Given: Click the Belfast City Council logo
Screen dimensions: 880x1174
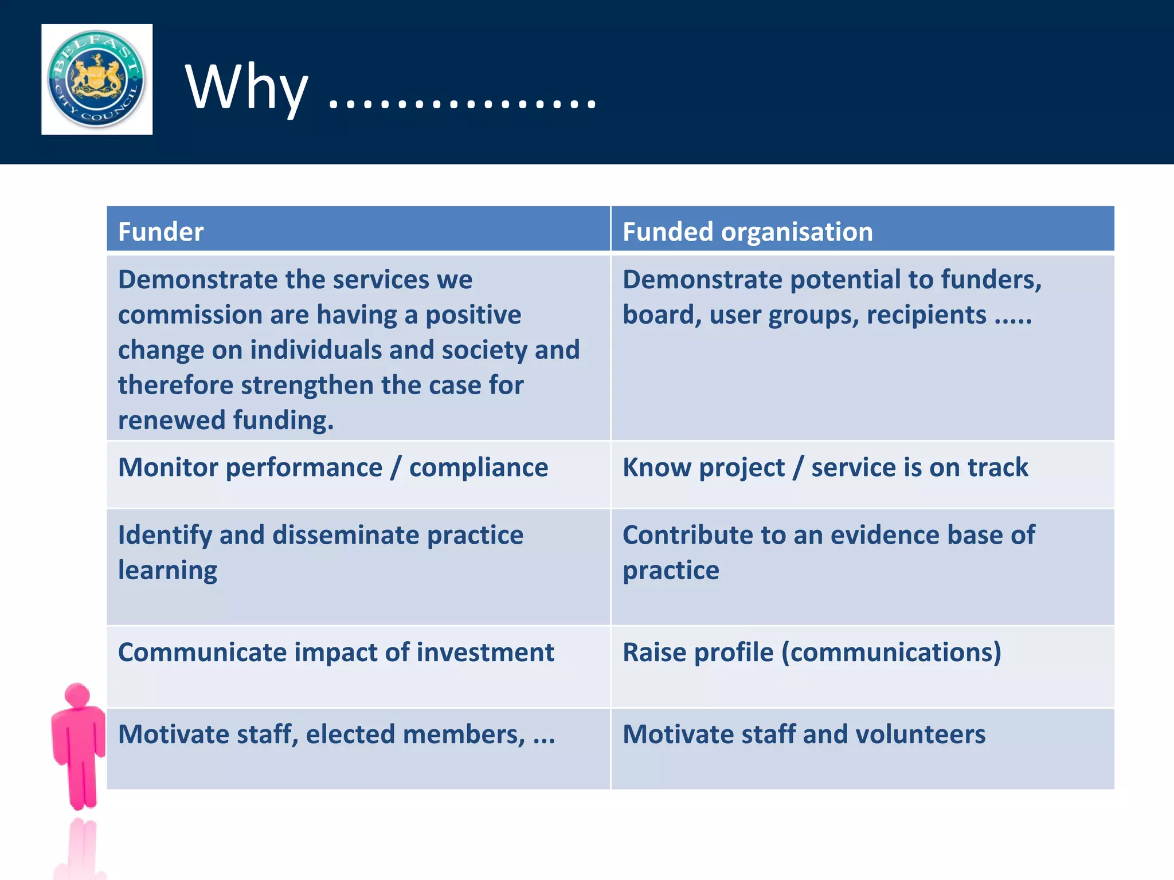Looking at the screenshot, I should coord(96,79).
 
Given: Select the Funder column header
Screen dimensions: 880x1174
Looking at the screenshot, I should coord(161,231).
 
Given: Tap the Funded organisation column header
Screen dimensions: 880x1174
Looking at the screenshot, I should coord(748,231).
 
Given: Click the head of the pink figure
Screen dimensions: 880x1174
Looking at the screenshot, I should coord(77,695).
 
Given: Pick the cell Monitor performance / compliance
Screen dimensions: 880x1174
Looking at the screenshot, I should coord(333,467).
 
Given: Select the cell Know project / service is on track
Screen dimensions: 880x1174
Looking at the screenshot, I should coord(825,467).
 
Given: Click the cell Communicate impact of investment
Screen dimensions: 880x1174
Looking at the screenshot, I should coord(336,653).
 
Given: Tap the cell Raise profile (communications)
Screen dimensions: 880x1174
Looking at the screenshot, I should coord(812,653).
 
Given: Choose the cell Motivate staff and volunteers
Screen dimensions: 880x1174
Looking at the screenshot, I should coord(804,734).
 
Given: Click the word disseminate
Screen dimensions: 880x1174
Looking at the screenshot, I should coord(346,535).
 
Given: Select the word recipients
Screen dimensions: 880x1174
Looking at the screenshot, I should coord(926,315).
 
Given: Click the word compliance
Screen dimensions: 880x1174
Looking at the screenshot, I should coord(478,467).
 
